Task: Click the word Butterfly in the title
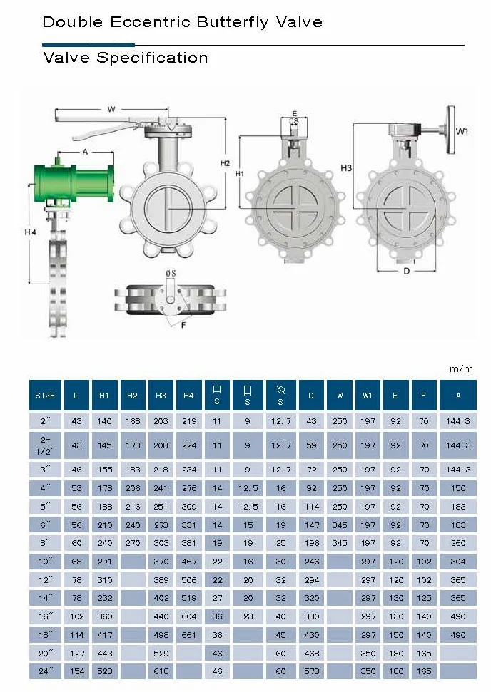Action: click(233, 23)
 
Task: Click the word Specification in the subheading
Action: click(152, 58)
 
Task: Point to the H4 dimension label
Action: click(30, 232)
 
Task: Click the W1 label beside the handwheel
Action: click(462, 131)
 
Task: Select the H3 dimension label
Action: click(346, 167)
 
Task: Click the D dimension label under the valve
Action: click(407, 271)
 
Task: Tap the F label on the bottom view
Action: click(183, 325)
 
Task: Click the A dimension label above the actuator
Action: click(86, 152)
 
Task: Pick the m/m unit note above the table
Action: click(461, 368)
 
